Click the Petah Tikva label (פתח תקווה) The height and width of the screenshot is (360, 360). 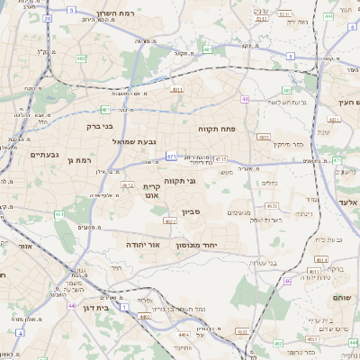click(x=217, y=129)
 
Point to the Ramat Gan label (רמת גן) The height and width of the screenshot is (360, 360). click(x=80, y=160)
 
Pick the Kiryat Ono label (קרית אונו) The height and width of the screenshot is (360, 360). click(x=150, y=191)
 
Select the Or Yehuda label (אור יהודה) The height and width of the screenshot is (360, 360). click(x=140, y=245)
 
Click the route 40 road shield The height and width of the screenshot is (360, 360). click(x=245, y=99)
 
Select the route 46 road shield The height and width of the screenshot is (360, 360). click(x=288, y=282)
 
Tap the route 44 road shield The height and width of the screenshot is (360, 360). click(x=70, y=306)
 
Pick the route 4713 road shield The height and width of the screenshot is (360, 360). click(x=221, y=158)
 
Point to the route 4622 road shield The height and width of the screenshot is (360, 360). click(x=169, y=220)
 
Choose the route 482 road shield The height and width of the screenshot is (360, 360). click(x=82, y=58)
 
